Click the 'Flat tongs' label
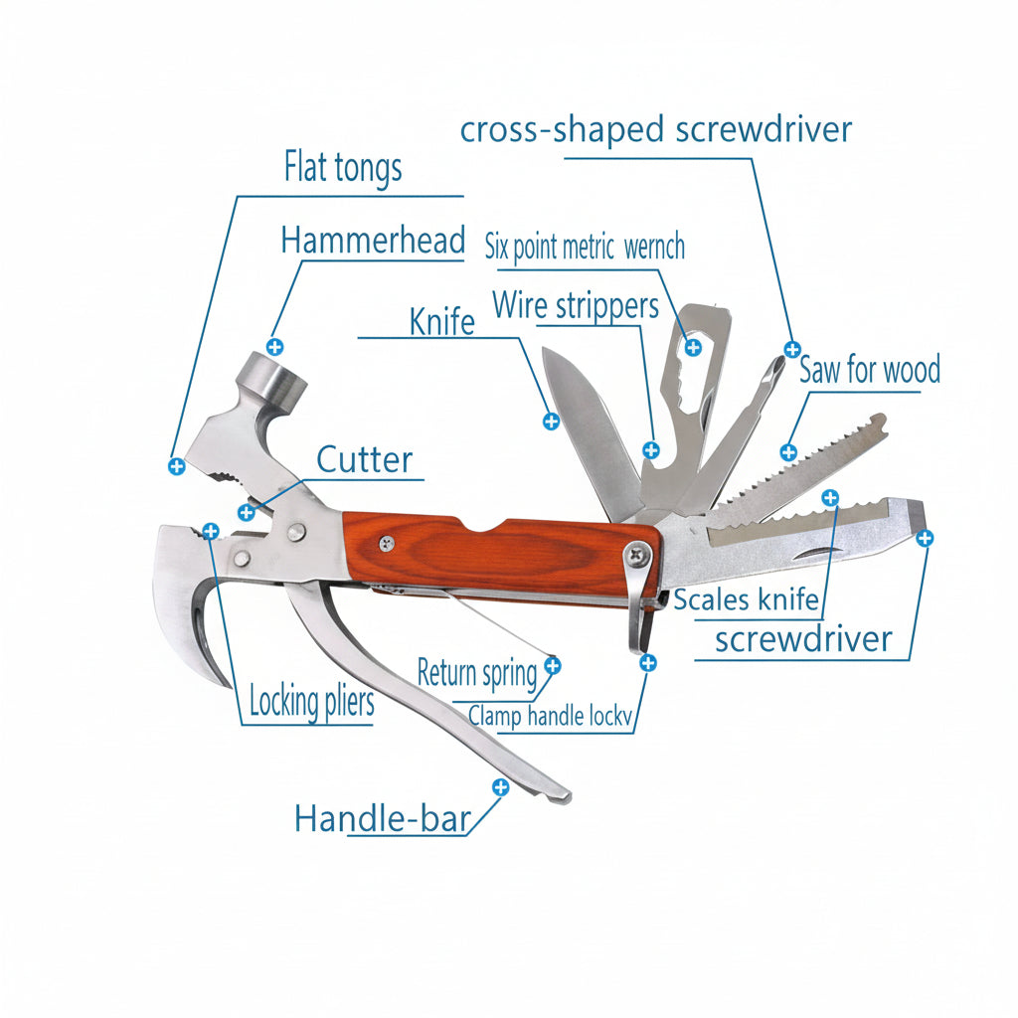[343, 167]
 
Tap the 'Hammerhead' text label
[373, 241]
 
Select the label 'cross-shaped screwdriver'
[656, 130]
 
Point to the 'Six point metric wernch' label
[585, 247]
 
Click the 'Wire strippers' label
[576, 304]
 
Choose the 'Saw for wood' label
[870, 371]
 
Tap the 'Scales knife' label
[746, 599]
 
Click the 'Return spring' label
[476, 673]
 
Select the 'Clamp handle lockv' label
[550, 716]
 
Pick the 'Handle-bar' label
[382, 819]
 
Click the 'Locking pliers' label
[311, 702]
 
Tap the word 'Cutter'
[364, 460]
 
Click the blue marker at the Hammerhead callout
[275, 347]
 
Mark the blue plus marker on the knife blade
[551, 421]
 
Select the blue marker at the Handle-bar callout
[500, 787]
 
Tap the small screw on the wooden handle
[386, 542]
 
